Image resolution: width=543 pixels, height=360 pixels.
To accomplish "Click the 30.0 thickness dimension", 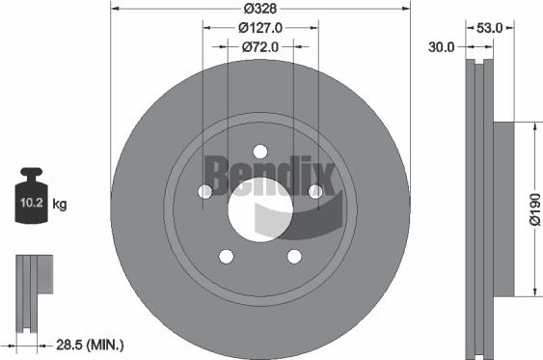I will [x=444, y=45].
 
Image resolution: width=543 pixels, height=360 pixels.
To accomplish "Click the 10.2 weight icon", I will [x=29, y=201].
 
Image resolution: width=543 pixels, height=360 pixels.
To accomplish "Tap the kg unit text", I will [x=60, y=205].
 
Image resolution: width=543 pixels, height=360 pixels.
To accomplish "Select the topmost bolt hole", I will [x=260, y=152].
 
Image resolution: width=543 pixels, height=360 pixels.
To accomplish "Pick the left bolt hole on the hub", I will [x=205, y=192].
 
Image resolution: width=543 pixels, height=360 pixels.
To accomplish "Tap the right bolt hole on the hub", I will [x=315, y=192].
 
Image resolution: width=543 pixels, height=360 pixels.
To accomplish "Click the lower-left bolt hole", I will [x=227, y=256].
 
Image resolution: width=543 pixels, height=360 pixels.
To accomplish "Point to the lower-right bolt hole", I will [x=294, y=256].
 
